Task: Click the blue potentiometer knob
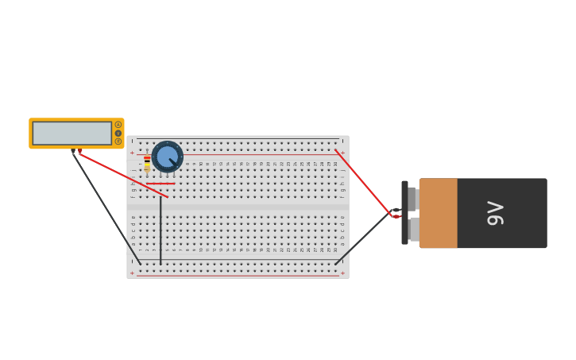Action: coord(167,157)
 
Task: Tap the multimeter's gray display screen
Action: coord(72,133)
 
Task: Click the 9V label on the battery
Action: coord(495,213)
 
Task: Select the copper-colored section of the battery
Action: coord(438,213)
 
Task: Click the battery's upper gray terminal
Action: coord(413,198)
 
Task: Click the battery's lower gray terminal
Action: coord(413,229)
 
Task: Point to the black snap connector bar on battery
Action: coord(404,212)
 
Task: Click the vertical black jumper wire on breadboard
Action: coord(160,230)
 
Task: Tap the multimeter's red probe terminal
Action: coord(79,150)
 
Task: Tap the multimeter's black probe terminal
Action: coord(72,150)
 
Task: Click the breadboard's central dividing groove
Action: coord(238,207)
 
